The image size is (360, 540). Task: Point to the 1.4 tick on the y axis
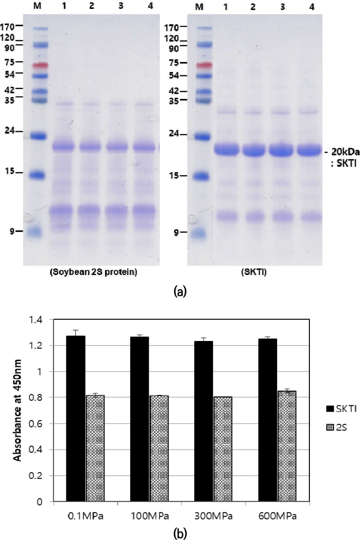coord(40,320)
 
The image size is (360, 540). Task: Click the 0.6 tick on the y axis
coord(40,424)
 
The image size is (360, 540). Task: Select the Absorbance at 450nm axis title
coord(17,410)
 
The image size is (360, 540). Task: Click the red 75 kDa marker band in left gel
coord(40,65)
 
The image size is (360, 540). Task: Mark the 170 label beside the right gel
coord(172,27)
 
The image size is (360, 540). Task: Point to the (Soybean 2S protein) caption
coord(93,272)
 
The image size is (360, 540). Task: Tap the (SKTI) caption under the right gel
coord(254,272)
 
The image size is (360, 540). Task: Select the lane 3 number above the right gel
coord(283,7)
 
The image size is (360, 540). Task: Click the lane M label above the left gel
coord(37,6)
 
